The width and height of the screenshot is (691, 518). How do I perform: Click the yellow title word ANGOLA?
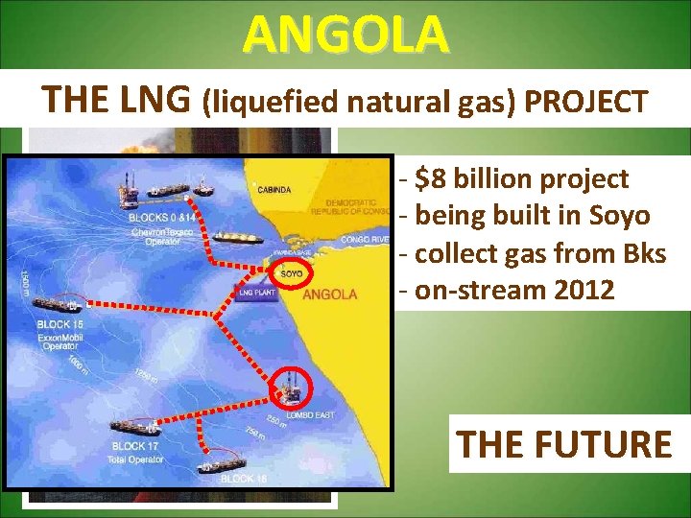tap(345, 35)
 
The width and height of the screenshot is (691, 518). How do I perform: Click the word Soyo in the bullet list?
tap(622, 215)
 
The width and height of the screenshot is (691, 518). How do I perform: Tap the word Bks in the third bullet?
tap(642, 252)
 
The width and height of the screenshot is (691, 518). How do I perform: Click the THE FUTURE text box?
tap(564, 444)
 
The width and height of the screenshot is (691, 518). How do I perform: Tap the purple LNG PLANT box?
tap(257, 291)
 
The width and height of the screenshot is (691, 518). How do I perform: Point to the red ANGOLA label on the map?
tap(329, 294)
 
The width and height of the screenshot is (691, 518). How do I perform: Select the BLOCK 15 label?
tap(60, 324)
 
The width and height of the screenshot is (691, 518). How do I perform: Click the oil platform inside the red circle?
tap(289, 386)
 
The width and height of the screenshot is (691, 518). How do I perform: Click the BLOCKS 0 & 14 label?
tap(160, 217)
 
